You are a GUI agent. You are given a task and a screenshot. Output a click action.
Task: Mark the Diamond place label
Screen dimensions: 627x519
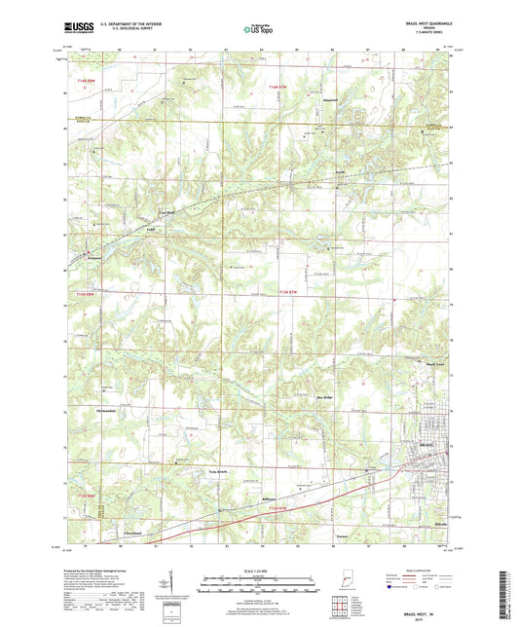(x=329, y=99)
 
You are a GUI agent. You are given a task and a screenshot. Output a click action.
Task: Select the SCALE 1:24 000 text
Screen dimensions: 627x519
(x=259, y=571)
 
